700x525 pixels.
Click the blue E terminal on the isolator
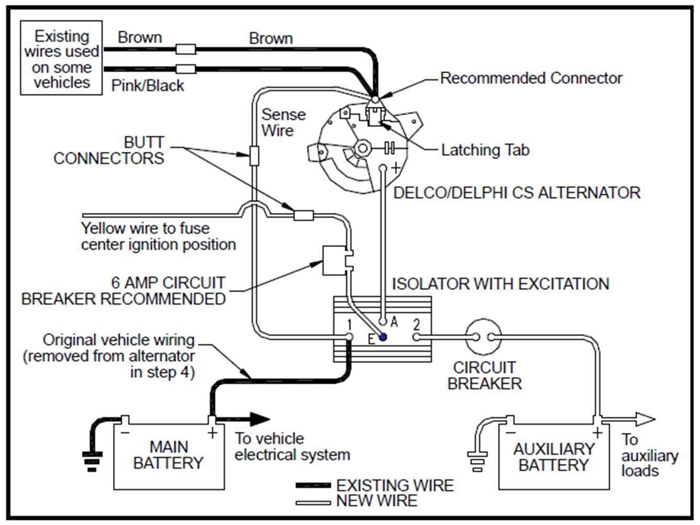pos(383,338)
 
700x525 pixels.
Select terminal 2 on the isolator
pos(416,337)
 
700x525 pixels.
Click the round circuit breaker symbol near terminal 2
pos(484,337)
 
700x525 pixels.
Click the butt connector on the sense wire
pos(254,155)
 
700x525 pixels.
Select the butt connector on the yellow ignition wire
pos(303,215)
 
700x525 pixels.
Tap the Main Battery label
pos(168,455)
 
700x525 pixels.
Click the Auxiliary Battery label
pos(554,457)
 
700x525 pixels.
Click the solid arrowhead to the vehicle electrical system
pos(259,419)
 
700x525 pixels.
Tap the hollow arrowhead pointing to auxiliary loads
pos(645,419)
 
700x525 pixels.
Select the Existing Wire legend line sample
pos(313,486)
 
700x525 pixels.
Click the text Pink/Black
pos(148,85)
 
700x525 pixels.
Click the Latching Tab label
pos(485,150)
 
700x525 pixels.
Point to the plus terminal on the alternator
pos(383,169)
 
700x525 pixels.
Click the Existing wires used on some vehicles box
pos(61,58)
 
